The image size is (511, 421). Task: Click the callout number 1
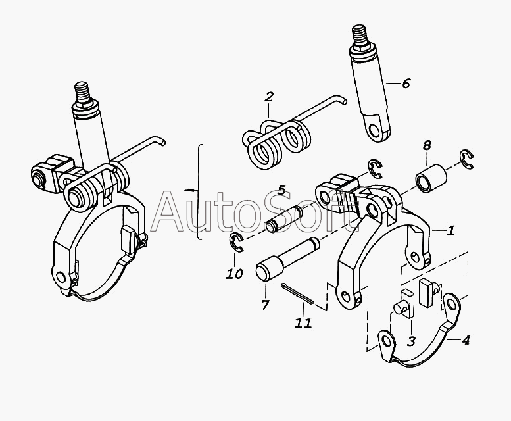coord(450,231)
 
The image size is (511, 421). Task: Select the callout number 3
coord(410,341)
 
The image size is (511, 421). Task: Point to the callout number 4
coord(466,340)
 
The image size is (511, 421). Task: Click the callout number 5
coord(281,191)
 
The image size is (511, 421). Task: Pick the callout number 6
coord(405,84)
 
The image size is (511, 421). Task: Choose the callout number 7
coord(265,305)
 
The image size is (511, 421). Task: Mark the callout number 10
coord(234,273)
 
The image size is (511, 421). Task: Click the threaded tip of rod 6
coord(360,34)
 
